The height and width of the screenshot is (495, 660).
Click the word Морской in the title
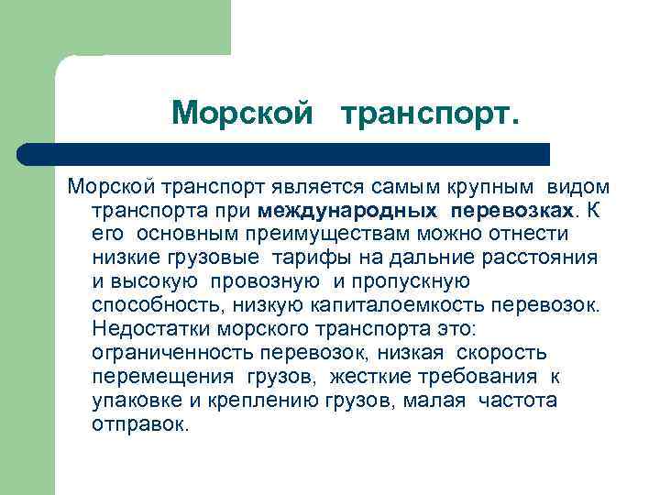(x=245, y=113)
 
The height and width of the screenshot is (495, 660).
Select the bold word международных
(x=348, y=210)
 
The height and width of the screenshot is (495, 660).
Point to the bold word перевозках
(x=512, y=210)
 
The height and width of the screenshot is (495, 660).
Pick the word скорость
(x=500, y=353)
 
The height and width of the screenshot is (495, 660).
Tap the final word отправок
(x=139, y=424)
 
